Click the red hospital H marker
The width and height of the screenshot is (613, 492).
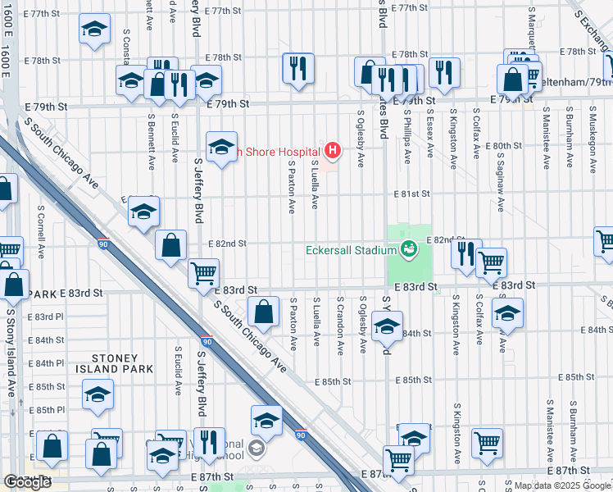[332, 150]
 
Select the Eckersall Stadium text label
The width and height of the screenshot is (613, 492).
[352, 250]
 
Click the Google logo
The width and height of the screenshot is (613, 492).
[27, 482]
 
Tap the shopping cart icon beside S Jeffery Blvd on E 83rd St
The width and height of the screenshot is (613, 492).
[203, 273]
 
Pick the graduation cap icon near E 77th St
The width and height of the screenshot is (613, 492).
[95, 29]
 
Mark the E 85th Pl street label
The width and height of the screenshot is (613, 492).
[46, 410]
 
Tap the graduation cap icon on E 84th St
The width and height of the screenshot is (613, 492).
[387, 327]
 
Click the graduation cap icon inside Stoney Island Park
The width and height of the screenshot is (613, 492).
[98, 394]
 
